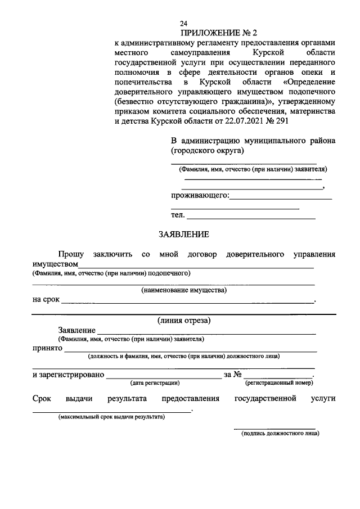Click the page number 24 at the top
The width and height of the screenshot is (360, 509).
pyautogui.click(x=183, y=24)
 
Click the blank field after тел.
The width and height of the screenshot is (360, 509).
pyautogui.click(x=250, y=217)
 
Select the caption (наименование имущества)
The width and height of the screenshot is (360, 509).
pyautogui.click(x=183, y=291)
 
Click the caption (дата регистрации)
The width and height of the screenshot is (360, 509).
pyautogui.click(x=155, y=383)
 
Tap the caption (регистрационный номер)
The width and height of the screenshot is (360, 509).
pyautogui.click(x=278, y=383)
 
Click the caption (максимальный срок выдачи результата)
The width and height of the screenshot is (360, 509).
pyautogui.click(x=111, y=417)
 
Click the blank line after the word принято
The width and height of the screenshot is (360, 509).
pyautogui.click(x=191, y=350)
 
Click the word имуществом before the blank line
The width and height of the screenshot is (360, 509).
pyautogui.click(x=55, y=264)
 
